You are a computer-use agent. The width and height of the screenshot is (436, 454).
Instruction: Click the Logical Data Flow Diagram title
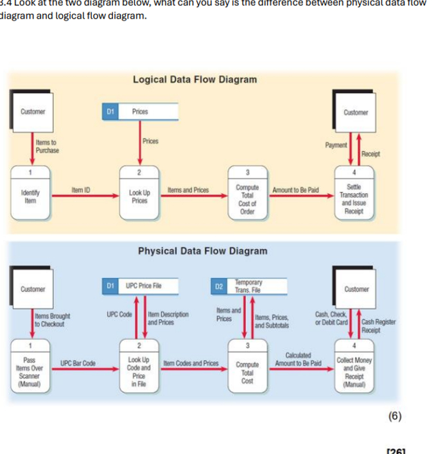pyautogui.click(x=195, y=80)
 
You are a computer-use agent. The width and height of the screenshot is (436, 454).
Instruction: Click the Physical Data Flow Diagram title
pyautogui.click(x=203, y=250)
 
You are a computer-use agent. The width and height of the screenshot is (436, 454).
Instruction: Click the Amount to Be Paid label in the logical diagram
pyautogui.click(x=295, y=191)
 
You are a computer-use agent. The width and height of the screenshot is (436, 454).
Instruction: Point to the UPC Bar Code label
pyautogui.click(x=78, y=363)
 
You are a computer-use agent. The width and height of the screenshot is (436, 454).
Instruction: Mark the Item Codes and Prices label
pyautogui.click(x=193, y=363)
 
